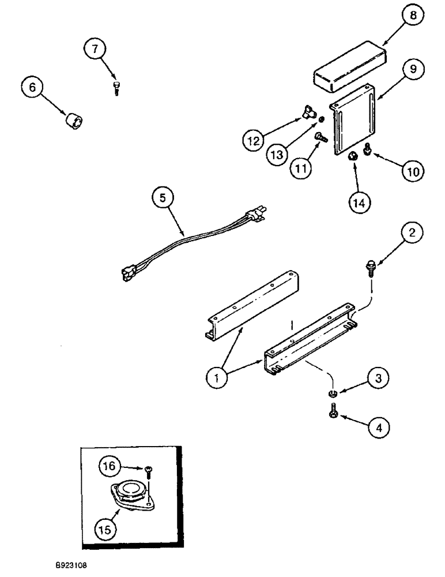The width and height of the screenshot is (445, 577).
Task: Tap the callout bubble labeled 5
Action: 162,198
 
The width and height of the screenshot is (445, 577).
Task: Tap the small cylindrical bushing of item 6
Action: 74,122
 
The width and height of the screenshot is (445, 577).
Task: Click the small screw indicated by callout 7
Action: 116,88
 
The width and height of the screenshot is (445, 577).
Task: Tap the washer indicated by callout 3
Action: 333,394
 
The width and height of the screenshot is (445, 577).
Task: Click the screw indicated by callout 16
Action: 149,470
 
